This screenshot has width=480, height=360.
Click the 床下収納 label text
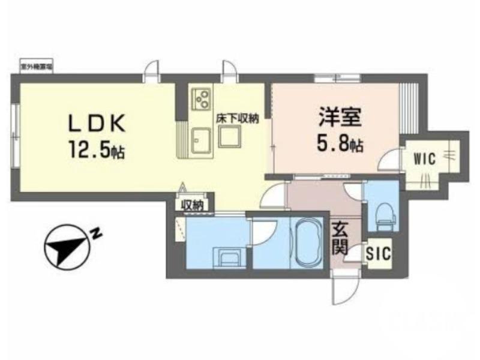point(237,119)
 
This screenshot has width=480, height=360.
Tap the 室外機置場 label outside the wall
point(35,68)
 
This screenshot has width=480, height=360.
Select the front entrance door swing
point(345,291)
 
